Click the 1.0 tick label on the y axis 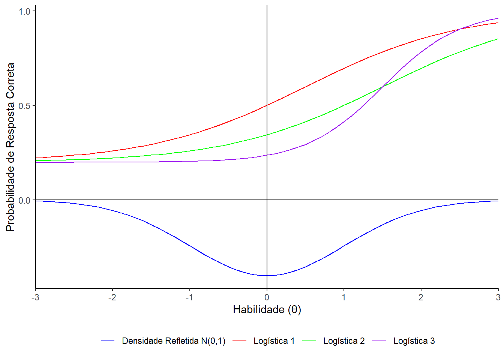tap(24, 12)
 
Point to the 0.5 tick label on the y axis tap(24, 106)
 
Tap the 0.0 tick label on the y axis tap(24, 201)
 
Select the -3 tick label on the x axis tap(35, 297)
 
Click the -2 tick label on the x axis tap(112, 297)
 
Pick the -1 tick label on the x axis tap(189, 297)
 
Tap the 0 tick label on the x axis tap(267, 297)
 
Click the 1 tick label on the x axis tap(344, 297)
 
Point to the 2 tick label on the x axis tap(421, 297)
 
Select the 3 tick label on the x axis tap(498, 297)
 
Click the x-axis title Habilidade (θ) tap(267, 310)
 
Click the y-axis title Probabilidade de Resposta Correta tap(10, 147)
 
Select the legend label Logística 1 tap(274, 341)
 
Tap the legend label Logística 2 tap(344, 341)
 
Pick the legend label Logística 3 tap(414, 341)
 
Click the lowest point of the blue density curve tap(267, 276)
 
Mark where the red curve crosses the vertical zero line tap(267, 105)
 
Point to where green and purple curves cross tap(382, 87)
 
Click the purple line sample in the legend tap(379, 340)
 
